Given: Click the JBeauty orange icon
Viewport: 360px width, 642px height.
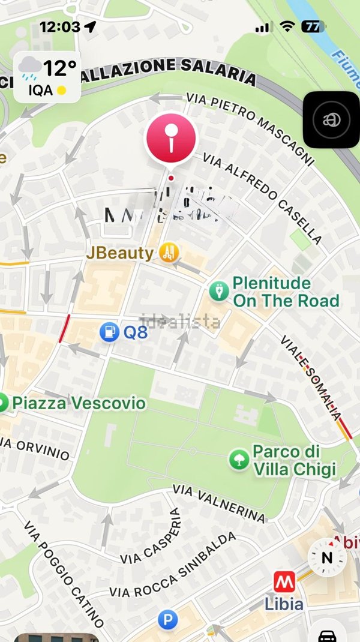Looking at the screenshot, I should point(169,253).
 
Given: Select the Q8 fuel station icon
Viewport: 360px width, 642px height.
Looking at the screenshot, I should point(109,332).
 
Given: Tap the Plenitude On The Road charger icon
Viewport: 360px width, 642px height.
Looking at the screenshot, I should point(218,292).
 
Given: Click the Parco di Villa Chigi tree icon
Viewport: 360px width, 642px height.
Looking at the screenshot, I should point(239,460).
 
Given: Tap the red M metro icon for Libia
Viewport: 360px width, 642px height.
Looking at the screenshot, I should point(283,581).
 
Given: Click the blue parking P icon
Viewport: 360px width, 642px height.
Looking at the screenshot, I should point(167,620).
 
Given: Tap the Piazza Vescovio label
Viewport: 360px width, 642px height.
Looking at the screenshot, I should point(79,403).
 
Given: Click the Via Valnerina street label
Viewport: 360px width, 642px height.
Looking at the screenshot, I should point(218,503).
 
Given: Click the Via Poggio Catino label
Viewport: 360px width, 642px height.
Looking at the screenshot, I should point(64,573).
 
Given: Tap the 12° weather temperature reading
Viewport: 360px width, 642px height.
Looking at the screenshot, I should point(59,68).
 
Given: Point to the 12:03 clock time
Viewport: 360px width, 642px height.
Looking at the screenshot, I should point(59,27).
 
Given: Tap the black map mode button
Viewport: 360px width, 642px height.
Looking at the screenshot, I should point(331,119).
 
